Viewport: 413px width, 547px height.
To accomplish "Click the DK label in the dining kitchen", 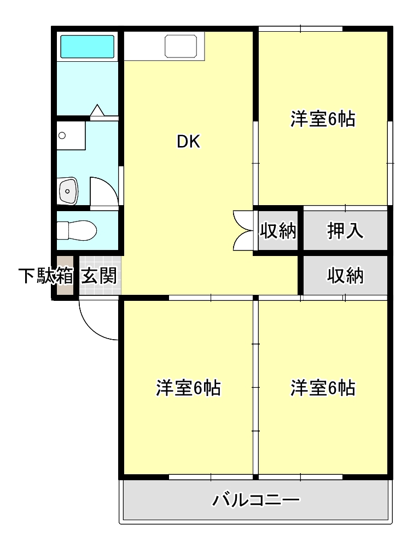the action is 189,142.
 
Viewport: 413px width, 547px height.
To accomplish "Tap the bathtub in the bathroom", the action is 88,46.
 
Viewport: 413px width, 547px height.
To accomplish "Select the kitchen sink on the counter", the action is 181,46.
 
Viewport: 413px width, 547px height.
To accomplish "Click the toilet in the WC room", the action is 77,230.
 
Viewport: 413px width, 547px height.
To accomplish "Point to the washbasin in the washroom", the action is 68,191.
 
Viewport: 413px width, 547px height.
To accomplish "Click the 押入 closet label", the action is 345,231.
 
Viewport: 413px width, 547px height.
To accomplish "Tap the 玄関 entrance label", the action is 99,276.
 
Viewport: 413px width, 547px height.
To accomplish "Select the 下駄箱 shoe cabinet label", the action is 46,276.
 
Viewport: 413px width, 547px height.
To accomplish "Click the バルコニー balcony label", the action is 256,500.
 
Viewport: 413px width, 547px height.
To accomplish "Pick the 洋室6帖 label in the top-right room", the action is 323,119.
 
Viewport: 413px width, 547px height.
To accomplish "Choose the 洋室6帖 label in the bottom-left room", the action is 188,388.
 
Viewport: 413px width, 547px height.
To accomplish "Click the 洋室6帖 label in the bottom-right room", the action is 323,388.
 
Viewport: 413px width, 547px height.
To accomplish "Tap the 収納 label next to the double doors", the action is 278,231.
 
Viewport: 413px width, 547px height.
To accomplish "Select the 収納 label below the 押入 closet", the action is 345,276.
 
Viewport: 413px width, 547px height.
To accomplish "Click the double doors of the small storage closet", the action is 243,231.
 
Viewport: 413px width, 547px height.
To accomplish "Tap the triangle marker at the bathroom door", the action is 97,110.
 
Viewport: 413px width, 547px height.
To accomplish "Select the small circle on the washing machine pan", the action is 62,135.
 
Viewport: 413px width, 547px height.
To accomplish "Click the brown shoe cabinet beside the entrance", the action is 65,276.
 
